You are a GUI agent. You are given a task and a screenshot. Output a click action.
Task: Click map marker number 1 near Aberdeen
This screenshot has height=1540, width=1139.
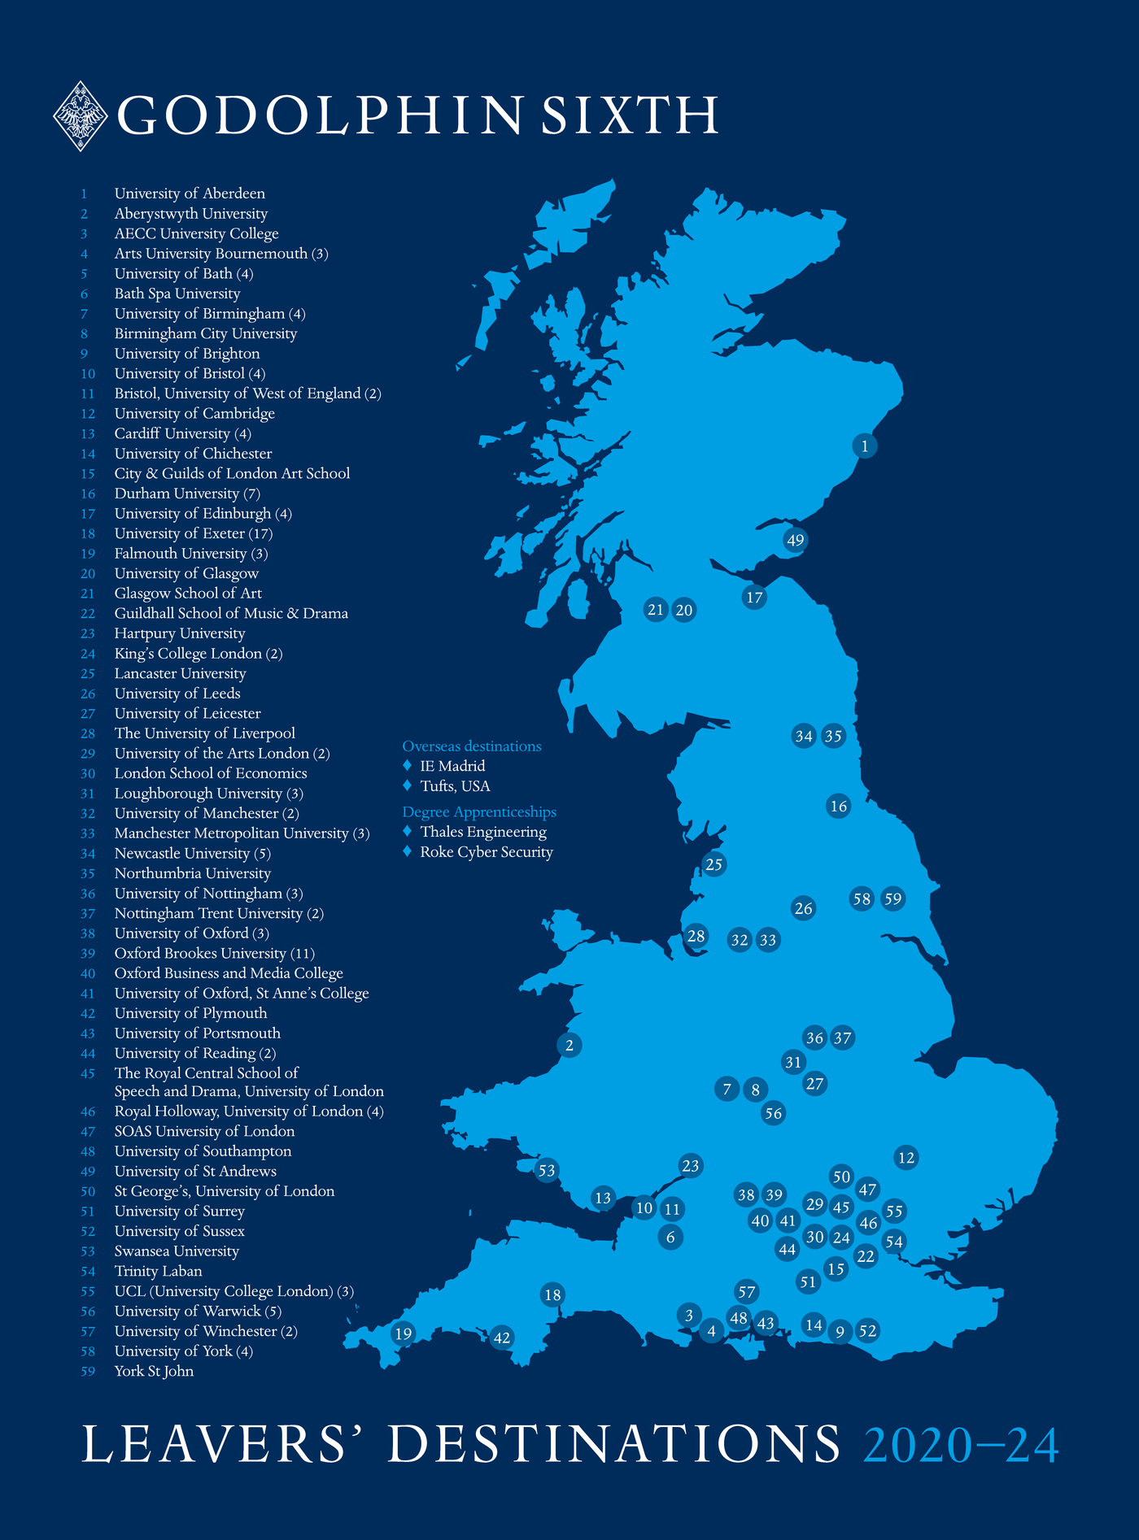click(864, 446)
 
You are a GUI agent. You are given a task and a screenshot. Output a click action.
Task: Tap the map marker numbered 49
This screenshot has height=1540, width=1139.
click(795, 540)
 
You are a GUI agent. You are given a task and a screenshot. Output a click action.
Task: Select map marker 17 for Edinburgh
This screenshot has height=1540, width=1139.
click(754, 598)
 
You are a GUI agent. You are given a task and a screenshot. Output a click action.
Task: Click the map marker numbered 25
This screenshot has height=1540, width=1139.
click(714, 864)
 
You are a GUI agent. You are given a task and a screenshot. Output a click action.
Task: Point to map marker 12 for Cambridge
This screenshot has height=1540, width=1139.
click(906, 1157)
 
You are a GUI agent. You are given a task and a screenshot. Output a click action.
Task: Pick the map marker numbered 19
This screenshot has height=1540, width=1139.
click(403, 1333)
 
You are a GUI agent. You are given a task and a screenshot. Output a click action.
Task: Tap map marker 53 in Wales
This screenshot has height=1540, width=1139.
click(547, 1171)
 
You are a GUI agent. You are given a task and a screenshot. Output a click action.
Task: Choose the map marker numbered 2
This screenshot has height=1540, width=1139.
click(569, 1045)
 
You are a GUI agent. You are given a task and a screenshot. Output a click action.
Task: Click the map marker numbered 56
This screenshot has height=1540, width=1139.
click(773, 1113)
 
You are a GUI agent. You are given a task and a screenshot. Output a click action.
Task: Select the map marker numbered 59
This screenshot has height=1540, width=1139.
click(893, 898)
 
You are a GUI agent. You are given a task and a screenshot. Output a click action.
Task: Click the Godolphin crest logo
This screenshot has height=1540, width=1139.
click(81, 115)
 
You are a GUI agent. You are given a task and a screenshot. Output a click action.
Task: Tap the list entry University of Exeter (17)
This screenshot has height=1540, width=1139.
click(194, 533)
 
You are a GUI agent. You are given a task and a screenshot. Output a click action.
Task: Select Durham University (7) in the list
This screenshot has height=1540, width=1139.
click(187, 494)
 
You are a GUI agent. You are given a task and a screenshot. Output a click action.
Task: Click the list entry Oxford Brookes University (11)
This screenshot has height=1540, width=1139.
click(214, 953)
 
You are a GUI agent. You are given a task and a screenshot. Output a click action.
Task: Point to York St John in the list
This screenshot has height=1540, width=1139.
click(154, 1371)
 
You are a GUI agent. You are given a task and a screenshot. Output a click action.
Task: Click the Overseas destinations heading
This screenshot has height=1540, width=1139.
click(472, 746)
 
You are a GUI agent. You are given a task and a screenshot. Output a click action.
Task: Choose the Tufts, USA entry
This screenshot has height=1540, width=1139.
click(455, 786)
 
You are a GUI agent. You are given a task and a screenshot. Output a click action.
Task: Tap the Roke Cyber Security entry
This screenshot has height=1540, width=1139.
click(486, 852)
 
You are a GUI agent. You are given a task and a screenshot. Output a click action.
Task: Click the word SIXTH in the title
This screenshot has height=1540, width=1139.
click(630, 115)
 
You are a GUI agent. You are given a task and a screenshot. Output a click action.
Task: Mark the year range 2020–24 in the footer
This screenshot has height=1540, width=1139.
click(961, 1445)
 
